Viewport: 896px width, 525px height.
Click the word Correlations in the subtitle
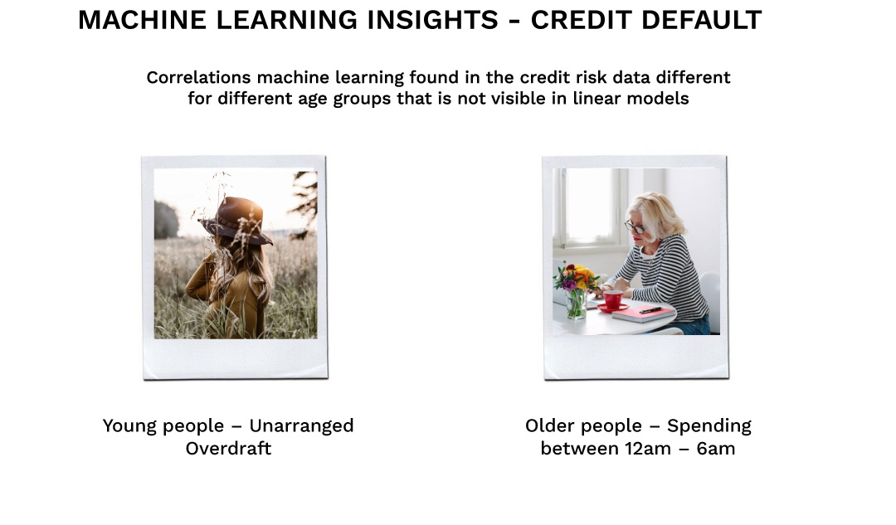tap(198, 77)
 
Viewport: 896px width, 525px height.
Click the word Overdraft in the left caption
tap(228, 449)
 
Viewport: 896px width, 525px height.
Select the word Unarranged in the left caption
tap(301, 426)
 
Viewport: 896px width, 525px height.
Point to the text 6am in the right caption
tap(714, 449)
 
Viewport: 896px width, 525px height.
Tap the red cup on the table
tap(613, 299)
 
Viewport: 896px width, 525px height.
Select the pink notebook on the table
tap(644, 314)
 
